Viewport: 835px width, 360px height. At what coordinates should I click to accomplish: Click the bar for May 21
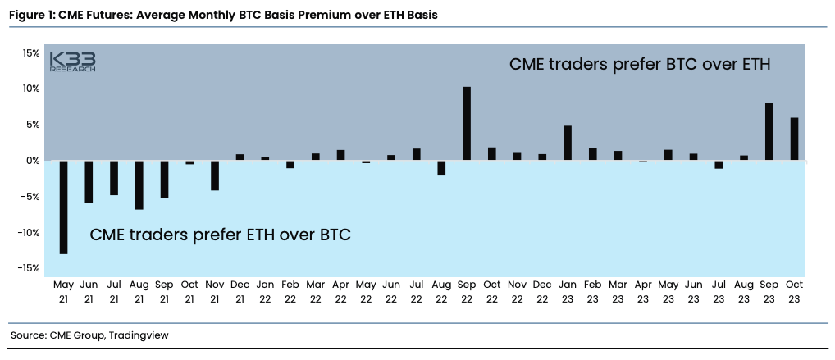[x=63, y=207]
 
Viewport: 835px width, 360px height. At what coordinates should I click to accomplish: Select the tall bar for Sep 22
[x=467, y=123]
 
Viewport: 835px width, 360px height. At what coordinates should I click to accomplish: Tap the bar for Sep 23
[x=769, y=131]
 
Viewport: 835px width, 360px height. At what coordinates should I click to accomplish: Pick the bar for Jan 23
[x=567, y=143]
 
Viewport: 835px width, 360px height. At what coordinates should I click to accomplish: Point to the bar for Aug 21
[x=139, y=185]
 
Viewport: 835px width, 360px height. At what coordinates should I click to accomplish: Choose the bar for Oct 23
[x=794, y=139]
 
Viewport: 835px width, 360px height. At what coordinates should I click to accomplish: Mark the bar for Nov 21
[x=215, y=175]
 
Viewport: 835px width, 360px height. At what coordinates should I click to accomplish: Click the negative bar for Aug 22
[x=441, y=168]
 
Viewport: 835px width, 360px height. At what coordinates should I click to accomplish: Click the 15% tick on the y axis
[x=30, y=53]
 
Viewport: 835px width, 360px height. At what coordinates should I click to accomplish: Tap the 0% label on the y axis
[x=33, y=161]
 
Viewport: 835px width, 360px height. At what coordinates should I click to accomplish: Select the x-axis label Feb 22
[x=290, y=292]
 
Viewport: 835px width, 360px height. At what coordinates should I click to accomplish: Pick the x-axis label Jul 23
[x=719, y=292]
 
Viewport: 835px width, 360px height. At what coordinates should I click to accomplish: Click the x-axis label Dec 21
[x=240, y=292]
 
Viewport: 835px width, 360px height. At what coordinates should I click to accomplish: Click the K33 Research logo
[x=72, y=62]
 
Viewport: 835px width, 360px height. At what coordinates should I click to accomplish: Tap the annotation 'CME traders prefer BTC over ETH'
[x=640, y=64]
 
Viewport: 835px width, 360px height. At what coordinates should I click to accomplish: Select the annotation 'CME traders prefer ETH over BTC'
[x=220, y=235]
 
